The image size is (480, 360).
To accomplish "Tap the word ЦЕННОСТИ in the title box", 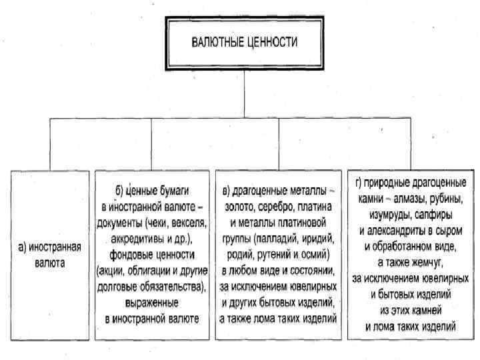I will tap(272, 41).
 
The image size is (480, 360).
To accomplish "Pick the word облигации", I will tap(150, 271).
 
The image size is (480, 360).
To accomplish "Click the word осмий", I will tap(314, 254).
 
